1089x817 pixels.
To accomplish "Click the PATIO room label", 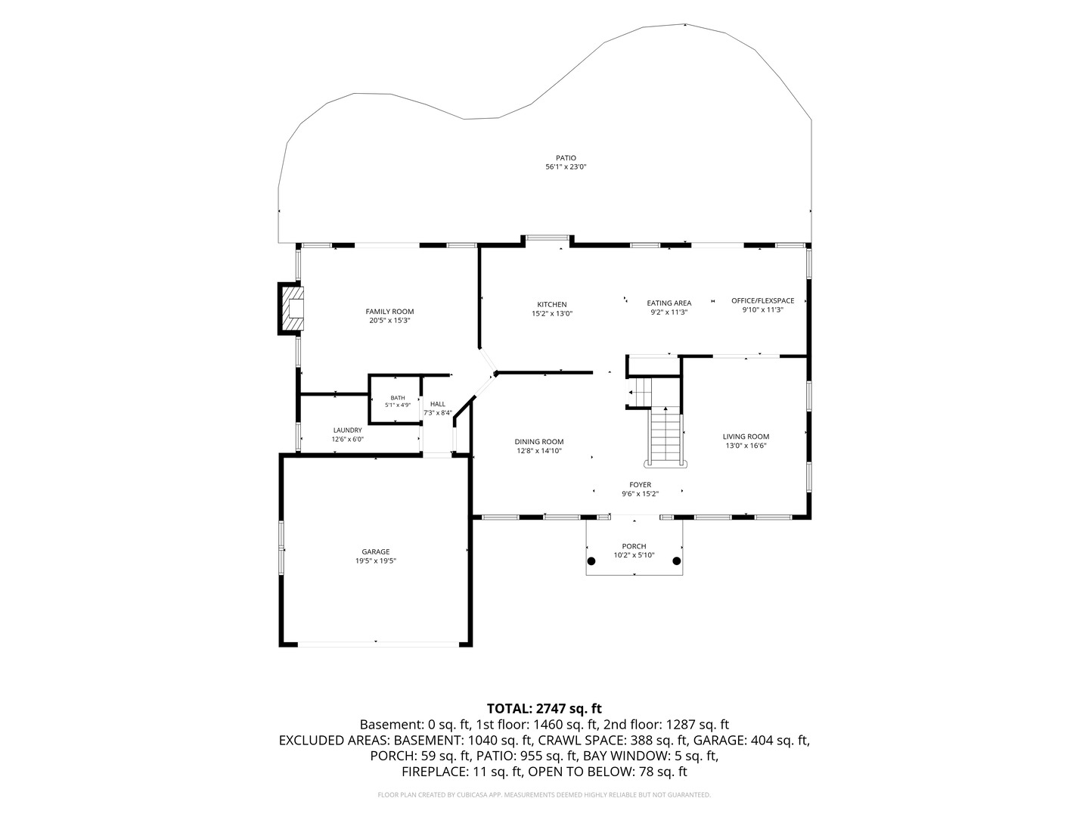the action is pyautogui.click(x=566, y=158).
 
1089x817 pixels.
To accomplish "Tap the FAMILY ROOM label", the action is pyautogui.click(x=389, y=312).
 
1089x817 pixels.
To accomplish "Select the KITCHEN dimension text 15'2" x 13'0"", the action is pyautogui.click(x=552, y=313).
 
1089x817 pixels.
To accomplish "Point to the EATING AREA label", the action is pyautogui.click(x=669, y=303).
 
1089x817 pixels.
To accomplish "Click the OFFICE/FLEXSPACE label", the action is pyautogui.click(x=762, y=300).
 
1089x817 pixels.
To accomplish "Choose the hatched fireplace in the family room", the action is pyautogui.click(x=290, y=308).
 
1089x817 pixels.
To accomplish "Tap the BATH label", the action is pyautogui.click(x=397, y=398).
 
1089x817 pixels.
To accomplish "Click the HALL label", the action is pyautogui.click(x=438, y=404).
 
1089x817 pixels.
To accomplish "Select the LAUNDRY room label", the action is pyautogui.click(x=347, y=430).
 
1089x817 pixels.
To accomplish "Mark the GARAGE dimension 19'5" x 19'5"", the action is pyautogui.click(x=376, y=561).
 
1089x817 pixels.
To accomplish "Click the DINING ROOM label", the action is pyautogui.click(x=538, y=442).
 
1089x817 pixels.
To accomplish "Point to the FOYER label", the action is pyautogui.click(x=640, y=485).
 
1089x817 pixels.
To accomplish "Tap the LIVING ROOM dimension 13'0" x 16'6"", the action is pyautogui.click(x=746, y=446).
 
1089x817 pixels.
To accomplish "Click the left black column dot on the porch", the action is pyautogui.click(x=591, y=561).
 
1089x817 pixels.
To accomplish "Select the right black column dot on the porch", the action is pyautogui.click(x=676, y=561).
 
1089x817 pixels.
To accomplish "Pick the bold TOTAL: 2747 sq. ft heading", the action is pyautogui.click(x=544, y=708).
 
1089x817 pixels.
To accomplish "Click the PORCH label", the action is pyautogui.click(x=634, y=546).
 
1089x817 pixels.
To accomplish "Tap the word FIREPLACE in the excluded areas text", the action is pyautogui.click(x=433, y=772).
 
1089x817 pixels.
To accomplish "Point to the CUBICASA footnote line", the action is pyautogui.click(x=544, y=794).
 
